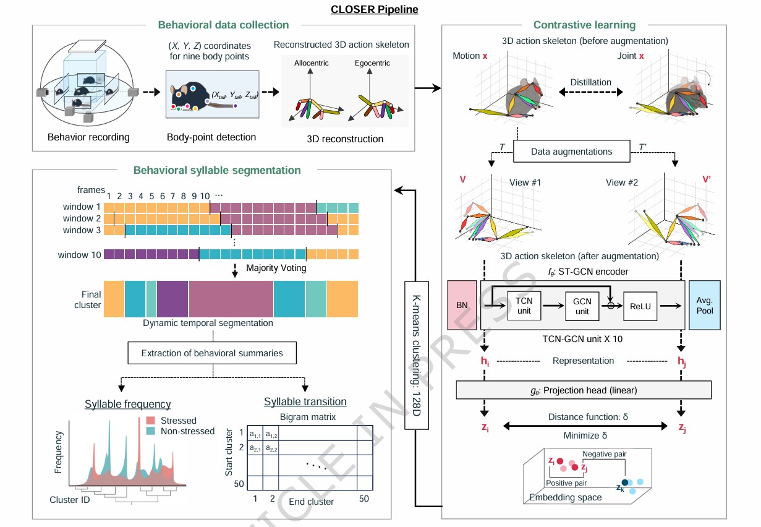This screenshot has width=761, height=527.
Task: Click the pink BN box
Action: pos(462,305)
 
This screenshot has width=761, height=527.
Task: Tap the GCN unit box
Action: pos(582,305)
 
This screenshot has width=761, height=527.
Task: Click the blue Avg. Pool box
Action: pos(704,305)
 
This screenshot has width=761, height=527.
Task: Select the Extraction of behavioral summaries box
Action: pos(212,353)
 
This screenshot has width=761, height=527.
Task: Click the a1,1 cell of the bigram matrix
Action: pos(253,434)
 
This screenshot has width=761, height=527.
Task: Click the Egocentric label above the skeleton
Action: pos(372,63)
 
